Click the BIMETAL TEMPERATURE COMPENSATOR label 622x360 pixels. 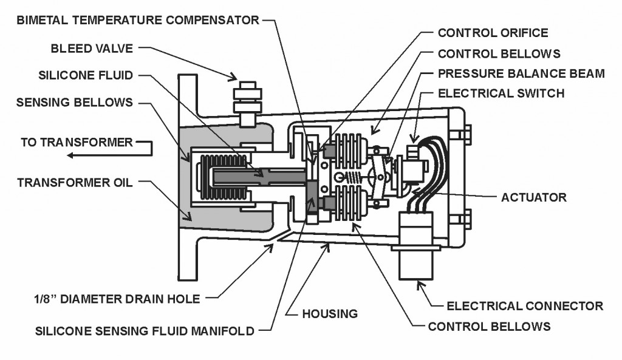point(138,20)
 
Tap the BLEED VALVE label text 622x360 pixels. point(96,47)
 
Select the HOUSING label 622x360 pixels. point(330,314)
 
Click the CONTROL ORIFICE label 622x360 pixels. point(493,33)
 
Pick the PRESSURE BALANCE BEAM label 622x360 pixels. point(521,73)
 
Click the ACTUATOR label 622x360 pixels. point(533,197)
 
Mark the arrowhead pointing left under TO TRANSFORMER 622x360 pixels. point(70,155)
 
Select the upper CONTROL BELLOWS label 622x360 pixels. point(498,53)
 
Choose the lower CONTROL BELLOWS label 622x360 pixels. point(489,326)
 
